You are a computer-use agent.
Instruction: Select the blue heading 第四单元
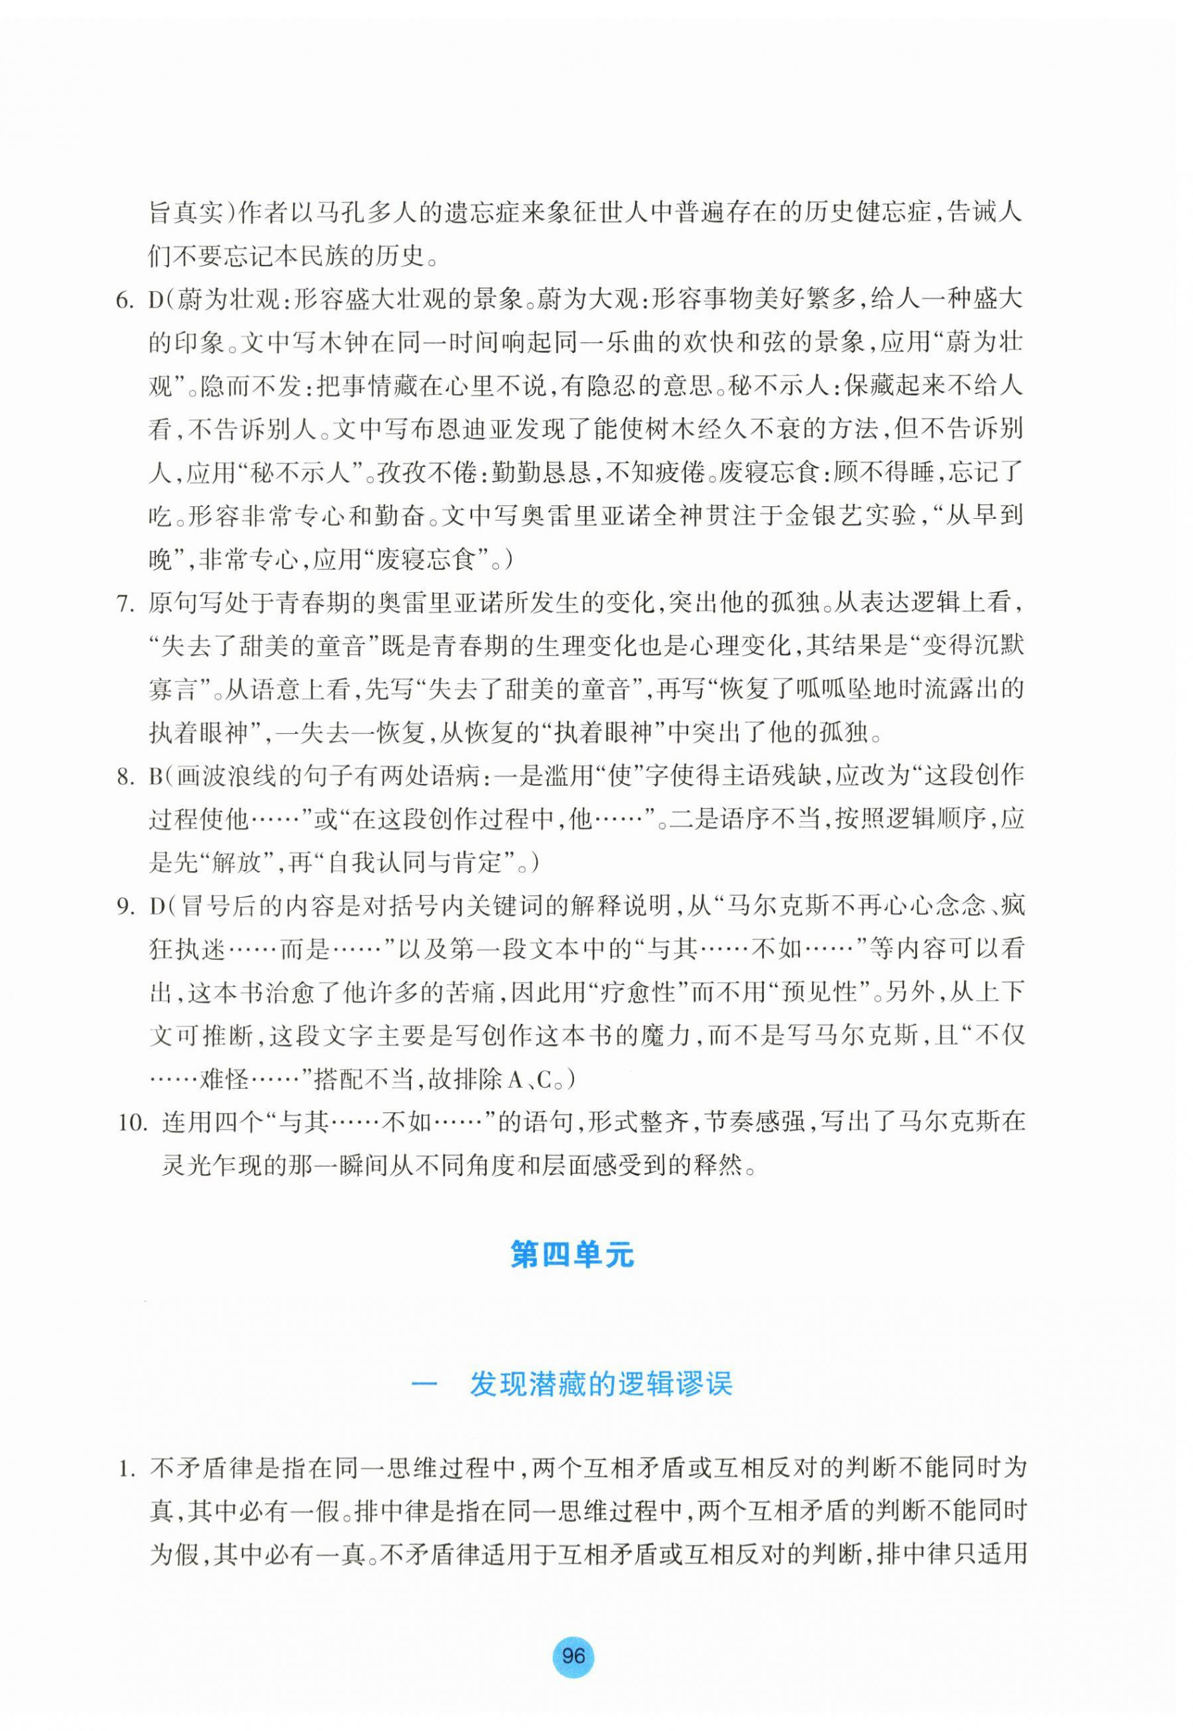(573, 1255)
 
